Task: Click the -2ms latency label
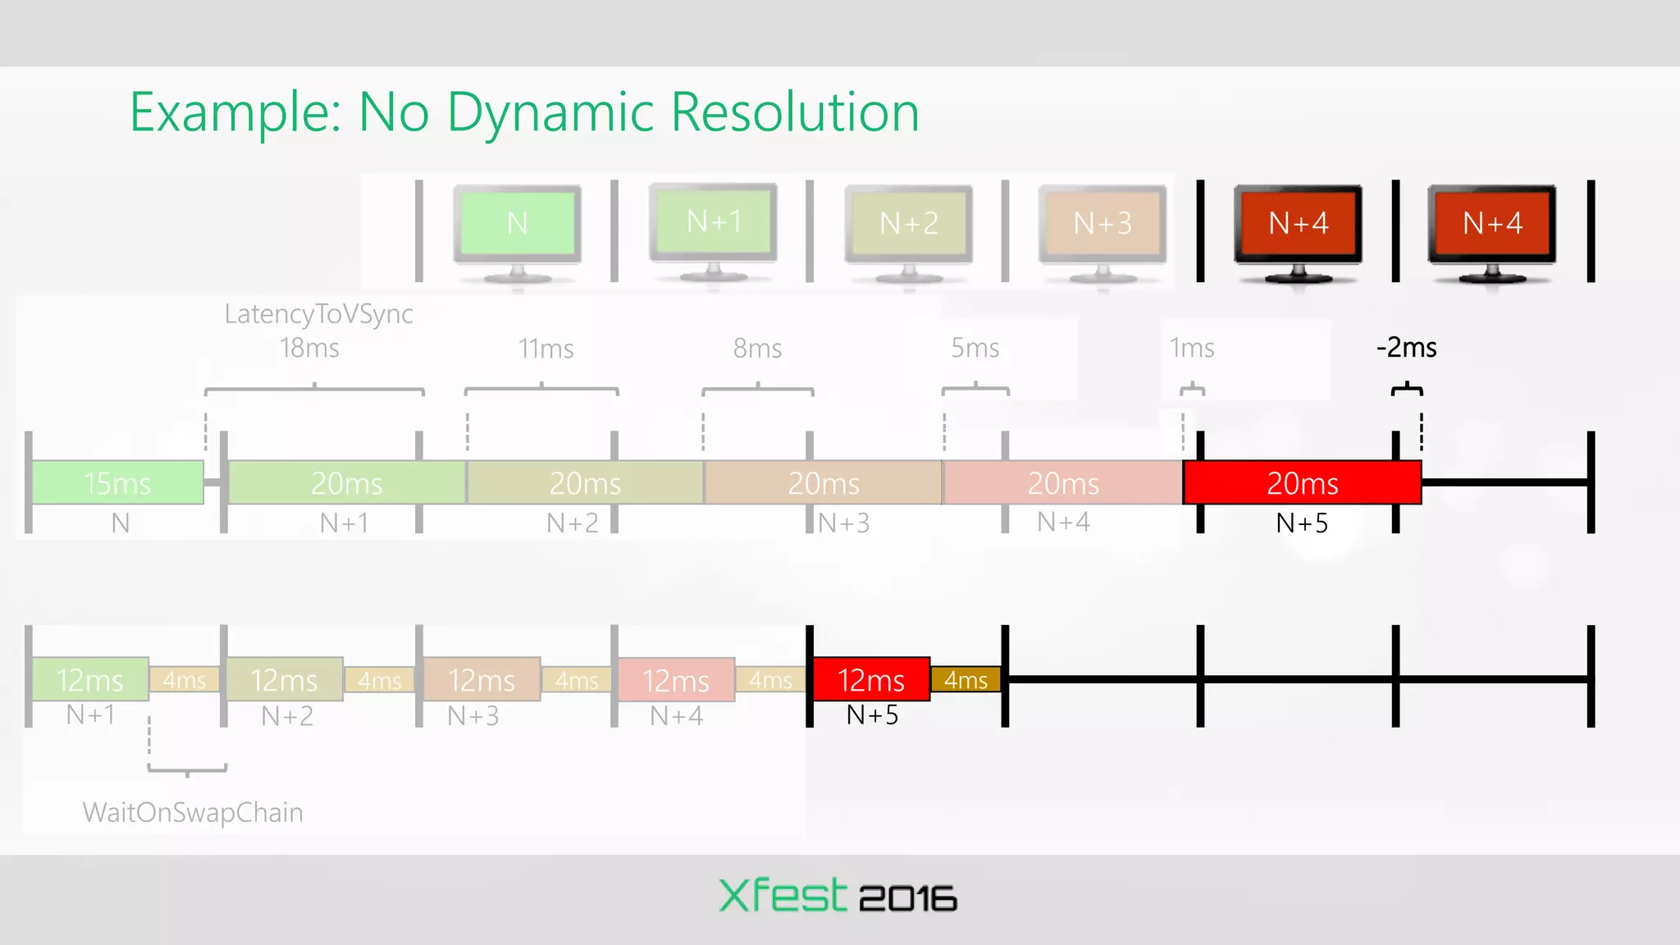click(1407, 348)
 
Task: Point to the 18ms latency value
click(309, 348)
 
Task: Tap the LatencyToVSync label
click(318, 313)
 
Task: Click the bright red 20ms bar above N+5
click(1302, 483)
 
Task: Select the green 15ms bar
click(117, 483)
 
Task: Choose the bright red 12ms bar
click(870, 680)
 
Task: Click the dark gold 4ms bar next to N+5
click(966, 680)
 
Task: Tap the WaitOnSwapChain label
click(193, 812)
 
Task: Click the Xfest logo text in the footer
click(783, 896)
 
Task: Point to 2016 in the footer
click(908, 898)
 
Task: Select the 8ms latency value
click(757, 349)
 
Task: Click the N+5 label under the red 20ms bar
click(1302, 523)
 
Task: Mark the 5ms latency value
click(975, 348)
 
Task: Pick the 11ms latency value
click(546, 349)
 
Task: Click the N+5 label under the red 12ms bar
click(872, 715)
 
